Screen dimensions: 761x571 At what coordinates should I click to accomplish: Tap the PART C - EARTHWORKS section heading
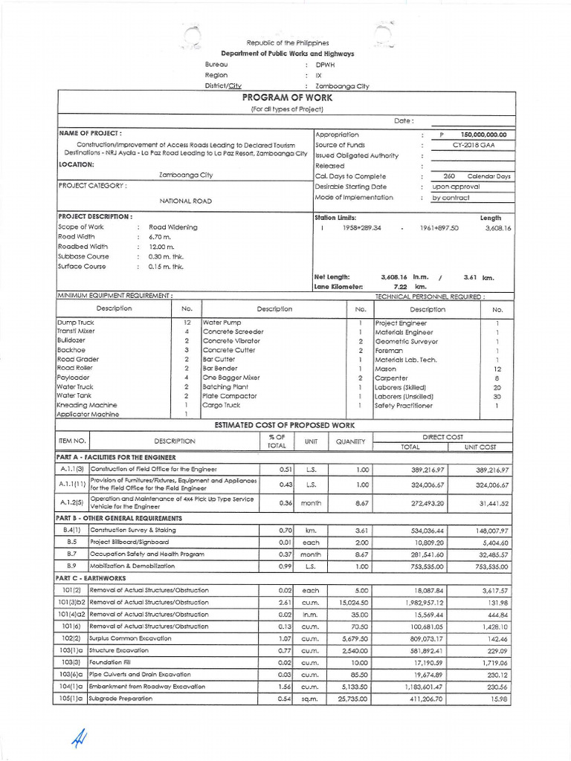coord(91,578)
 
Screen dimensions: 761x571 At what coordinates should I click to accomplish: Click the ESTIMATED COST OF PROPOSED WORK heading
coord(285,424)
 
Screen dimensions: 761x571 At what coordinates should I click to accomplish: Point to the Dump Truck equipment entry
coord(76,323)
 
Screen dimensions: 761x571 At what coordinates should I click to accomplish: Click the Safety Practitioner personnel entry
coord(403,406)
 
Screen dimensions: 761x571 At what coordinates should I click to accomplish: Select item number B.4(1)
coord(72,530)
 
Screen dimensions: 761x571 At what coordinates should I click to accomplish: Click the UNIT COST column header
coord(481,447)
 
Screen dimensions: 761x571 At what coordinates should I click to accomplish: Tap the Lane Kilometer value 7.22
coord(399,286)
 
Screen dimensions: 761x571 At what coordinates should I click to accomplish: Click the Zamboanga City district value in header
coord(342,85)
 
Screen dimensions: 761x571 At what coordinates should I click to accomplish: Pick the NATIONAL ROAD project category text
coord(186,201)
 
